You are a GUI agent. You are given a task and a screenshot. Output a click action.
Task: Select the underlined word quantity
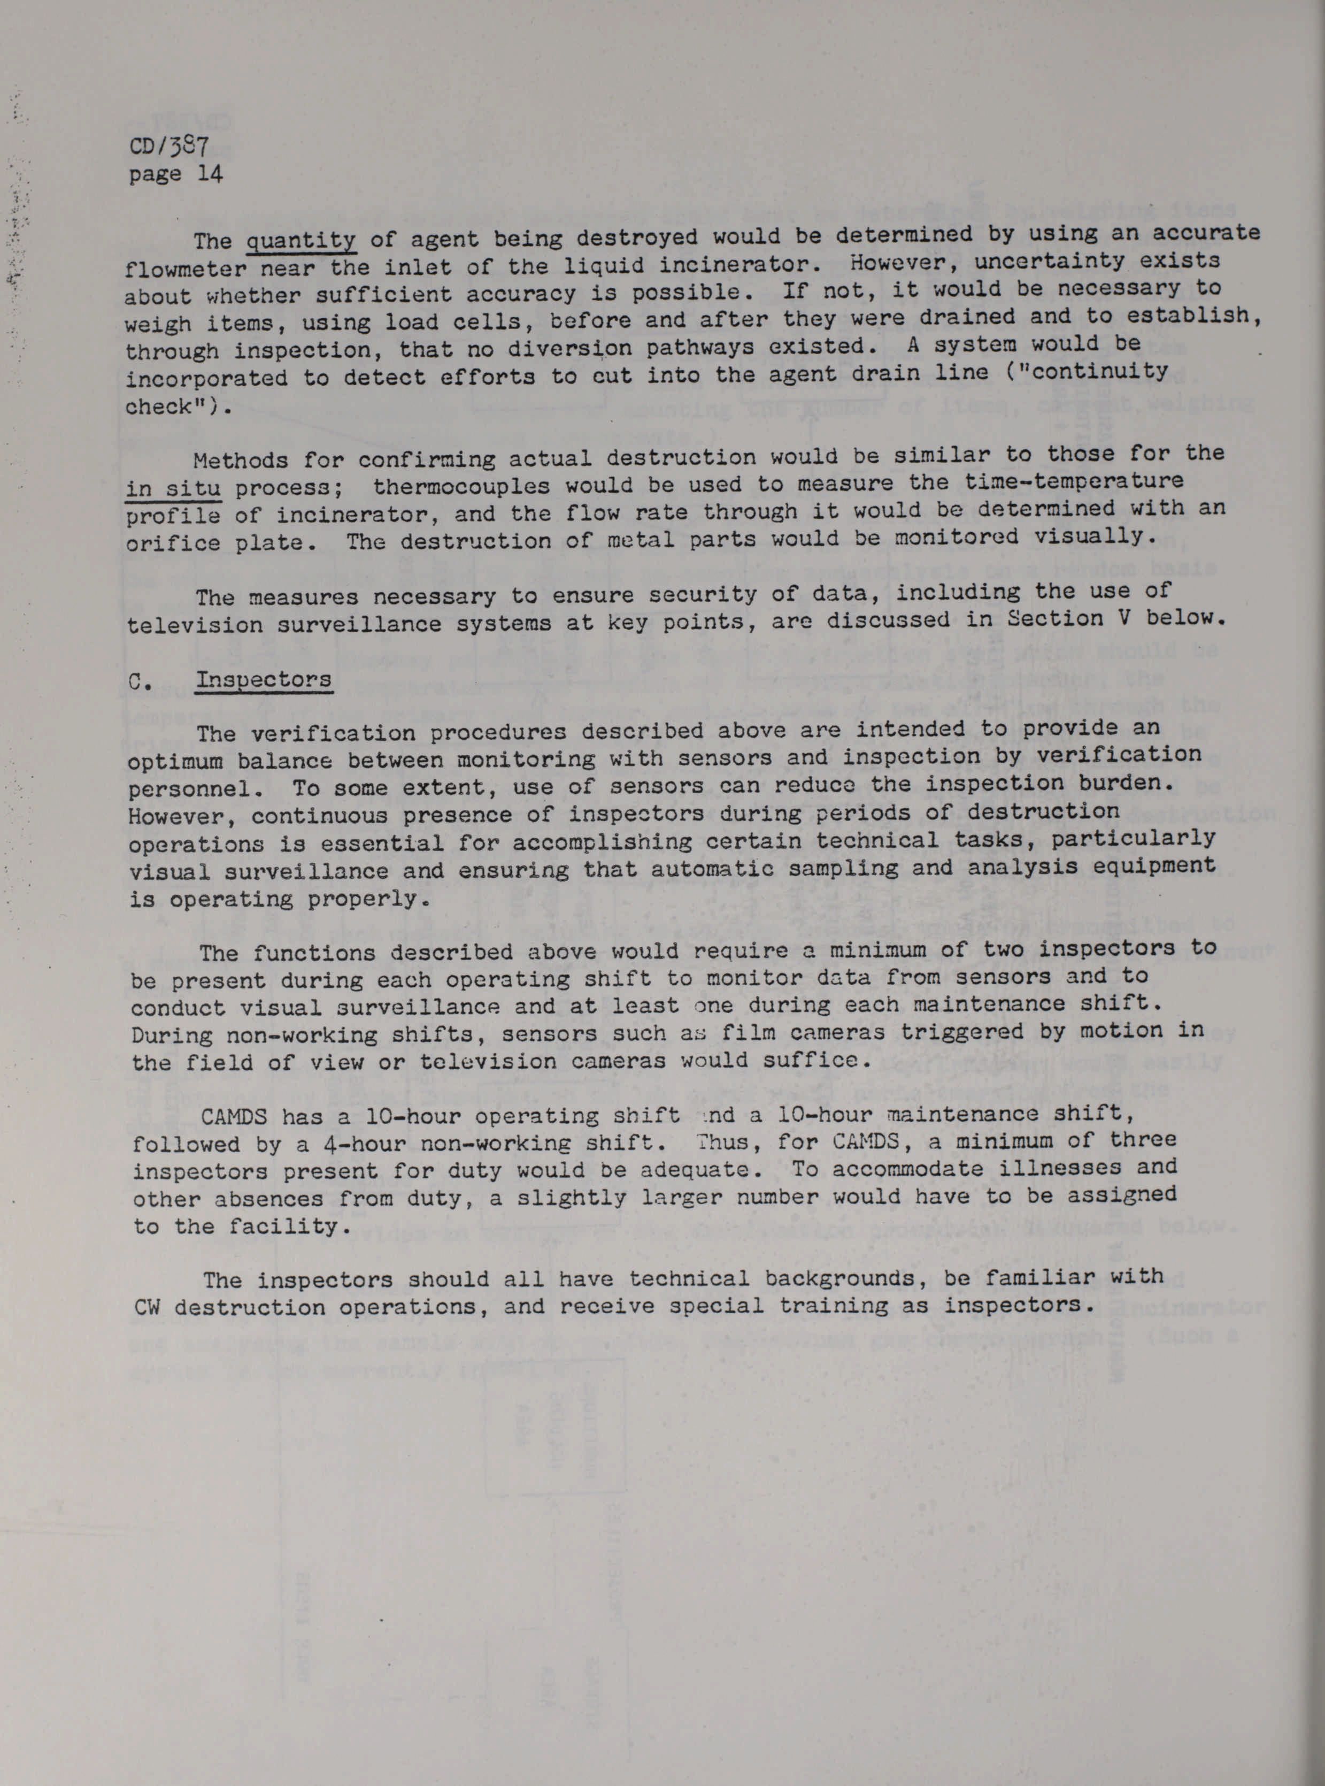(302, 240)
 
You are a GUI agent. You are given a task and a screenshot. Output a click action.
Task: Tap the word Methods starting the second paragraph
(241, 461)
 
